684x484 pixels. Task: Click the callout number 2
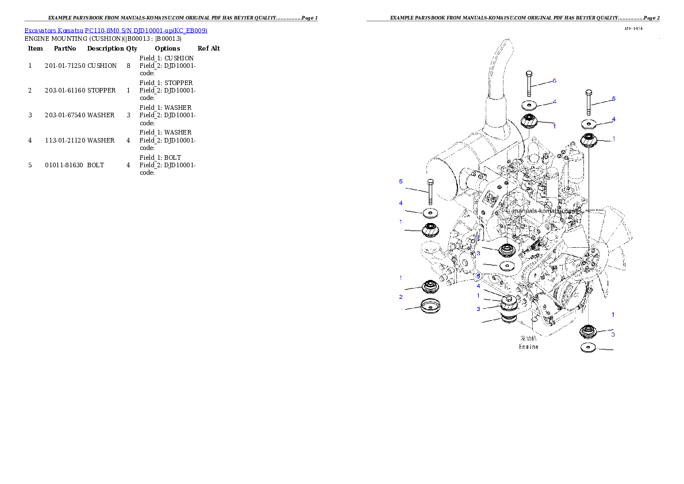pyautogui.click(x=401, y=297)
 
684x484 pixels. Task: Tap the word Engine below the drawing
pyautogui.click(x=529, y=347)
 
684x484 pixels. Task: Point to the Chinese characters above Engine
pyautogui.click(x=529, y=339)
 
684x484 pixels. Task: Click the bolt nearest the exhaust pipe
pyautogui.click(x=529, y=83)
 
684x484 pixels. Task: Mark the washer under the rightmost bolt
pyautogui.click(x=588, y=124)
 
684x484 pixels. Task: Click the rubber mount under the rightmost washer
pyautogui.click(x=589, y=139)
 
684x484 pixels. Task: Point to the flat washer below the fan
pyautogui.click(x=588, y=348)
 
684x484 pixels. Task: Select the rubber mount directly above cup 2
pyautogui.click(x=429, y=286)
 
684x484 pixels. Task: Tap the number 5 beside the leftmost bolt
pyautogui.click(x=401, y=182)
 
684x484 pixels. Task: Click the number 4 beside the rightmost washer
pyautogui.click(x=613, y=120)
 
